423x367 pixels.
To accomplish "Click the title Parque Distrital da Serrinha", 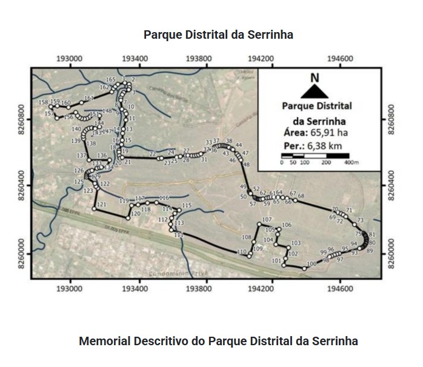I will pos(218,35).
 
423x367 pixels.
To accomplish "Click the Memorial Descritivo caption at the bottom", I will pos(218,341).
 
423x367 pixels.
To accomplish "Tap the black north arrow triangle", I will pos(314,91).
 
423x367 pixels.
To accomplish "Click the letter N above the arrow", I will pos(314,77).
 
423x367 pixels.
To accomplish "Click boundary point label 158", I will pos(43,102).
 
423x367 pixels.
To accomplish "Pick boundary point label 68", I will pos(301,196).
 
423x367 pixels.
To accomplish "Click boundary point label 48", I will pos(246,164).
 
